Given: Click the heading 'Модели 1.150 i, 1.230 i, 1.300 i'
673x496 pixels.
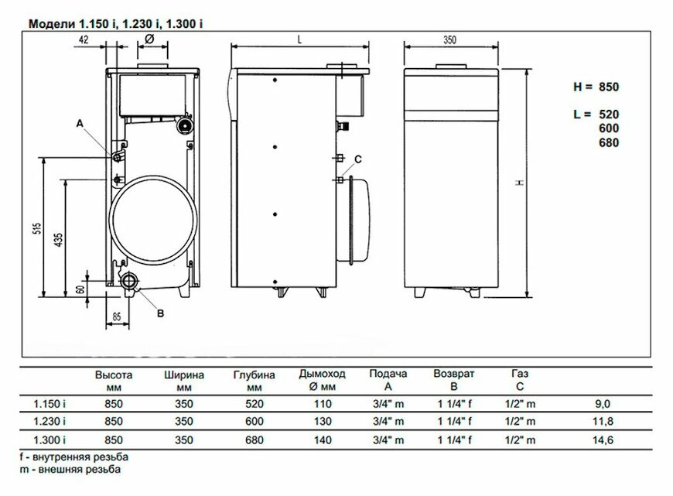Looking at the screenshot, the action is pos(116,24).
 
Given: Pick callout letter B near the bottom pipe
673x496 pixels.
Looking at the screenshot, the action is pos(160,313).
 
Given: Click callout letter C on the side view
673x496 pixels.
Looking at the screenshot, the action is pos(357,159).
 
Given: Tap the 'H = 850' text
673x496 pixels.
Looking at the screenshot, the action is pos(596,87).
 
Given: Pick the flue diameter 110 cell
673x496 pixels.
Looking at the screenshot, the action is pos(323,403).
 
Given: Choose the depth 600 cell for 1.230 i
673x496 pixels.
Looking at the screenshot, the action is pos(255,422).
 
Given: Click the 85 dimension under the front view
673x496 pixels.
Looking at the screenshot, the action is pos(117,315).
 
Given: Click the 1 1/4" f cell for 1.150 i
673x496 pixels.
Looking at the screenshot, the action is pos(455,403).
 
